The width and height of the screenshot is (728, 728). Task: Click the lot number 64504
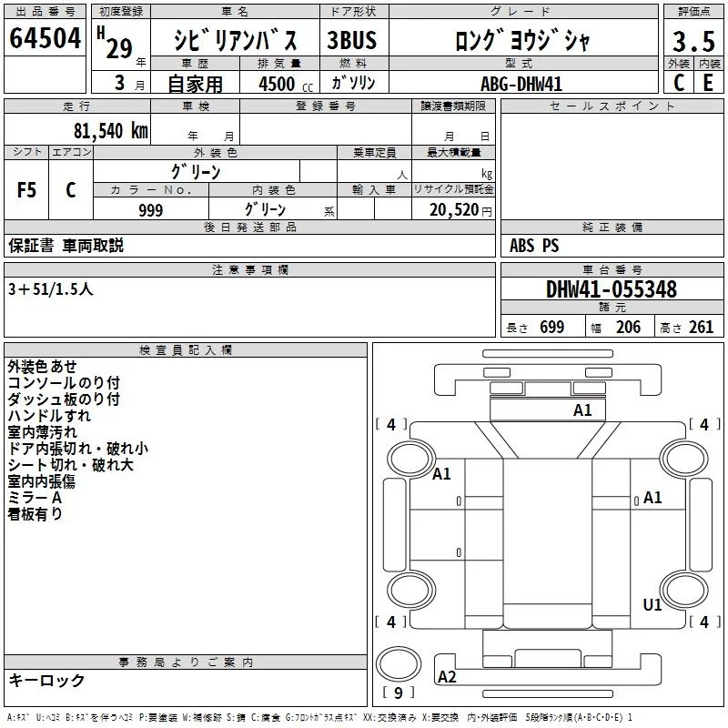[45, 38]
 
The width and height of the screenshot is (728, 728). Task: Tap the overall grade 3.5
[693, 41]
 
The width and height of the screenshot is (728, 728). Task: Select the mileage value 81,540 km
[111, 131]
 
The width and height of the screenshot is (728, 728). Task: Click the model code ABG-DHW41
[521, 84]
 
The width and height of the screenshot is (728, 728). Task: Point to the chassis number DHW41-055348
[612, 289]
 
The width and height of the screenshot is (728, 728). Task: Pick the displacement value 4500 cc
[286, 85]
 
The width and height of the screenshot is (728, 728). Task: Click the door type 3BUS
[352, 40]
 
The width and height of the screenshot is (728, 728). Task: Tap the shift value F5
[26, 190]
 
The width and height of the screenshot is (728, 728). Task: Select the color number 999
[151, 210]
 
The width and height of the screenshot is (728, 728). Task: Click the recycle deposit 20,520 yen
[460, 210]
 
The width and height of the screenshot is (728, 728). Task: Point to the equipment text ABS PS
[534, 245]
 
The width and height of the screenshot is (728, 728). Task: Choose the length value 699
[552, 327]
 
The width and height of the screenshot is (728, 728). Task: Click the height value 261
[701, 327]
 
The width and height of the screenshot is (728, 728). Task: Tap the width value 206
[628, 327]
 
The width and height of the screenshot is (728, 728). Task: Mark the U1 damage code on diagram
[652, 604]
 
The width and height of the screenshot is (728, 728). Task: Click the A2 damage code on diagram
[447, 677]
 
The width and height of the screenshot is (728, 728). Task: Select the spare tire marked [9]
[399, 664]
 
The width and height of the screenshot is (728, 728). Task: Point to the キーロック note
[47, 680]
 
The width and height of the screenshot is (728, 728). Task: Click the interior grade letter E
[708, 83]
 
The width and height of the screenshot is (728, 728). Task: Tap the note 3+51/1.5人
[51, 289]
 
